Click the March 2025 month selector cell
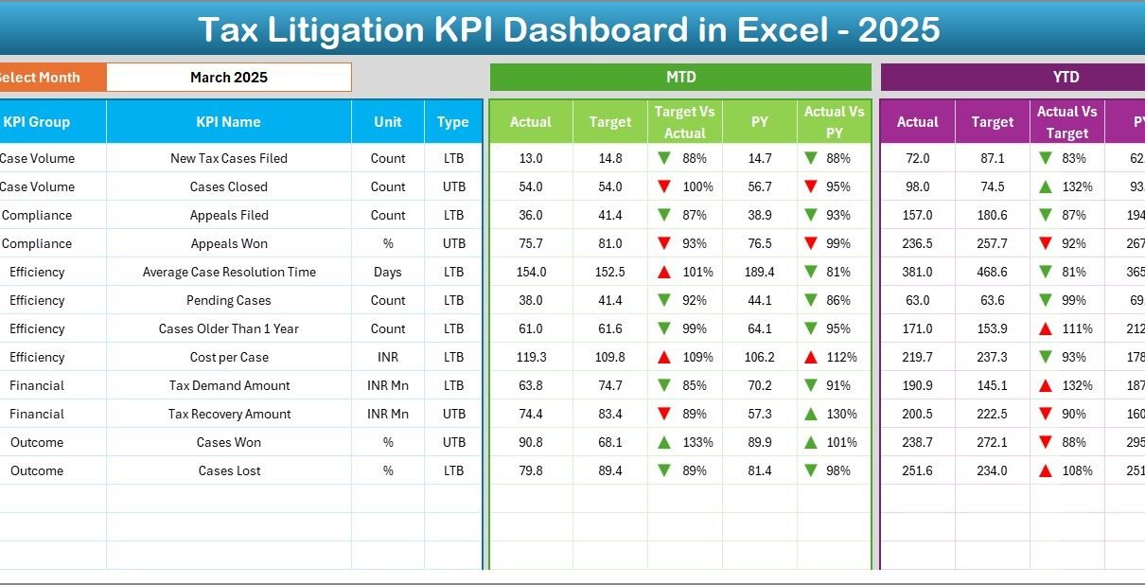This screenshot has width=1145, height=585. tap(229, 78)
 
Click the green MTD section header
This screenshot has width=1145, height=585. tap(680, 78)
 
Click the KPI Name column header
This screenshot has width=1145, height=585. tap(228, 122)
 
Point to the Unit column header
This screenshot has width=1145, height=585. tap(388, 122)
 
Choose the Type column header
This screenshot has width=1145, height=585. tap(453, 122)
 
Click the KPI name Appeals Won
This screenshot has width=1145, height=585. tap(228, 243)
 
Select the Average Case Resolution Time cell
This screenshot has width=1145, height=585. tap(228, 272)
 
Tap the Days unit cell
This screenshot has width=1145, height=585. tap(388, 272)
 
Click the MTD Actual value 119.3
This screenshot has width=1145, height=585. tap(531, 357)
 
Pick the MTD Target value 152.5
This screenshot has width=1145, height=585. tap(610, 272)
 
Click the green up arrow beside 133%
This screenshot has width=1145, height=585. tap(665, 442)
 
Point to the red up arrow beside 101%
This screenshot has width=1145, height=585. tap(665, 272)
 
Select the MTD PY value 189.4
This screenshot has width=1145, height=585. tap(760, 272)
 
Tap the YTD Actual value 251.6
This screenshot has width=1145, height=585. tap(918, 470)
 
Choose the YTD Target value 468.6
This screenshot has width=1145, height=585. tap(993, 272)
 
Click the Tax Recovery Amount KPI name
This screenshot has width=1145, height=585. tap(228, 414)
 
